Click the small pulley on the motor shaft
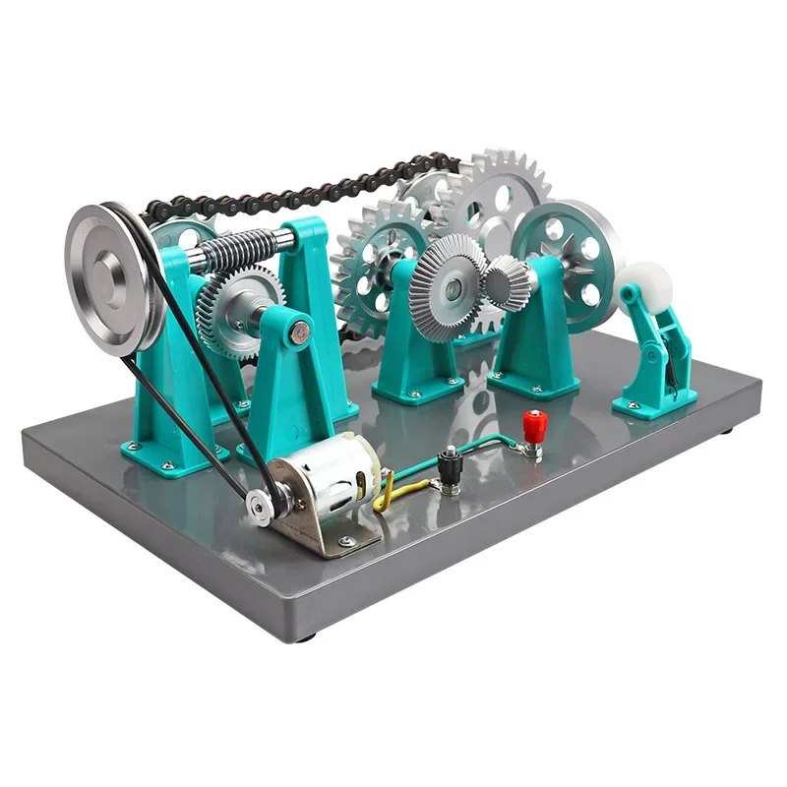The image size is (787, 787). tap(259, 504)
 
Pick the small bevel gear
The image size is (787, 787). tap(507, 280)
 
